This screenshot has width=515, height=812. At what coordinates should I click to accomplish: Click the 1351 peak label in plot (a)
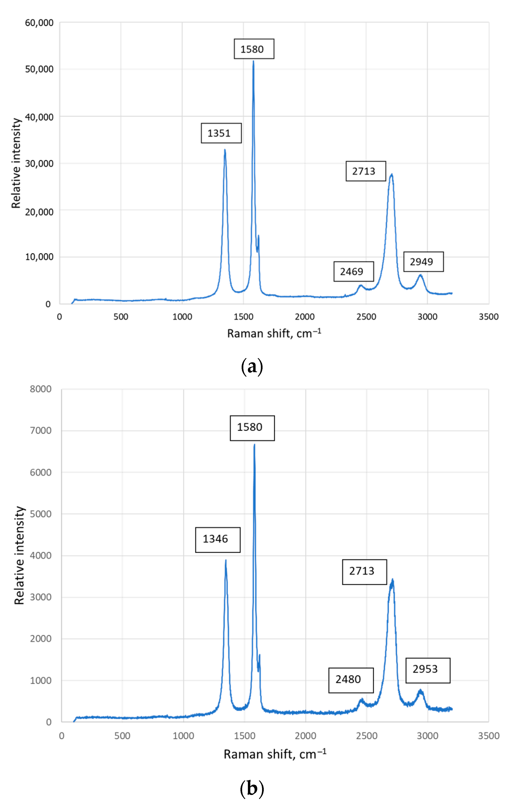[221, 133]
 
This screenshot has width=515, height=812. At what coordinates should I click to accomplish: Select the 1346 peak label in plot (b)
[218, 539]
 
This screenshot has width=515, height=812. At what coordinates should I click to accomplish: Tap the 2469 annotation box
[353, 272]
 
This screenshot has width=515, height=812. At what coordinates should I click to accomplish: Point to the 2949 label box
[423, 262]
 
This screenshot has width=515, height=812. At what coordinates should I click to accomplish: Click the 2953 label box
[427, 669]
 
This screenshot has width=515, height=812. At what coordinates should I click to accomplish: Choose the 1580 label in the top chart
[254, 49]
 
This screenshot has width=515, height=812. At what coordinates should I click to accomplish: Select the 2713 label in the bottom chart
[364, 571]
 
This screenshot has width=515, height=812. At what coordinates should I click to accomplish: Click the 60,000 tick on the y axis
[39, 23]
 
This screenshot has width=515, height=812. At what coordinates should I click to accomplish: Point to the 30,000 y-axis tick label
[39, 164]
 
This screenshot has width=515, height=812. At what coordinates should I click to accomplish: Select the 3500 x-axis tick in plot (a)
[488, 317]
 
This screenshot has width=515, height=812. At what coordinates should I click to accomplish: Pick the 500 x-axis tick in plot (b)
[122, 736]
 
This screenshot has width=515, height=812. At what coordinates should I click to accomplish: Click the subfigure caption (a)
[252, 367]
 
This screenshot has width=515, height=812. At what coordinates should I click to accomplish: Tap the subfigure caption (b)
[252, 788]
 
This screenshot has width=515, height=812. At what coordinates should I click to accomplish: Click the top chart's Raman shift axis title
[274, 333]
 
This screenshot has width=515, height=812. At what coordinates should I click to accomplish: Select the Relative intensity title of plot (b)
[19, 555]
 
